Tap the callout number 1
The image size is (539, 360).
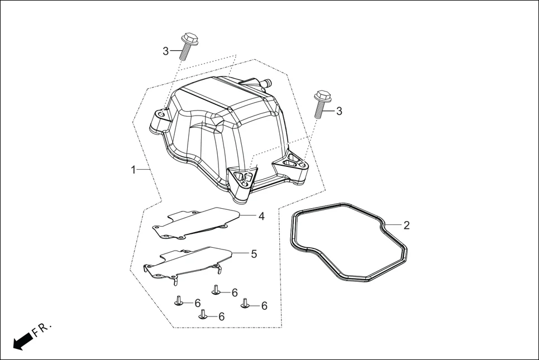133,169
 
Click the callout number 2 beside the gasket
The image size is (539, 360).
406,225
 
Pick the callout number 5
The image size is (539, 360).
254,254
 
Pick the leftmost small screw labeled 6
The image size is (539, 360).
179,300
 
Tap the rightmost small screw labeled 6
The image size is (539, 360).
245,303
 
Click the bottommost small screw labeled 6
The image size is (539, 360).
203,314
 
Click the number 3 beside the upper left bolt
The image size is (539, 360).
166,51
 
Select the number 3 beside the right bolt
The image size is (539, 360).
338,111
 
